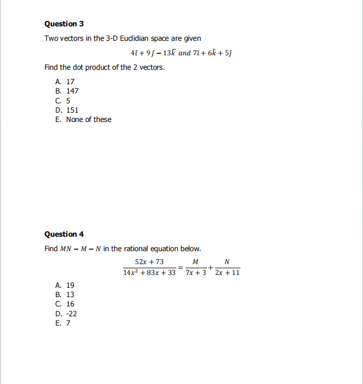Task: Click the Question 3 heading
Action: pos(64,24)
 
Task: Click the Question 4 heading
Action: pos(64,234)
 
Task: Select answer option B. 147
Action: pos(67,91)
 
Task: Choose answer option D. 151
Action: pos(67,110)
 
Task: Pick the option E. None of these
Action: pos(83,119)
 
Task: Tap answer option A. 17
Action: pos(65,82)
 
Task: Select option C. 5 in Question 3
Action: pos(63,101)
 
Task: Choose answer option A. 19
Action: pos(65,285)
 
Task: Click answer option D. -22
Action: pos(66,314)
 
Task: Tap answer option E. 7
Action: pos(63,323)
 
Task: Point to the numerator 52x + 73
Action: pos(149,262)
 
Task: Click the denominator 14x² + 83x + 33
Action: pos(149,272)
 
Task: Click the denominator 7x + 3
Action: pos(196,272)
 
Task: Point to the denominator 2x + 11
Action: pos(228,272)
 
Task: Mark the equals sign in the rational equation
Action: pos(181,267)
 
